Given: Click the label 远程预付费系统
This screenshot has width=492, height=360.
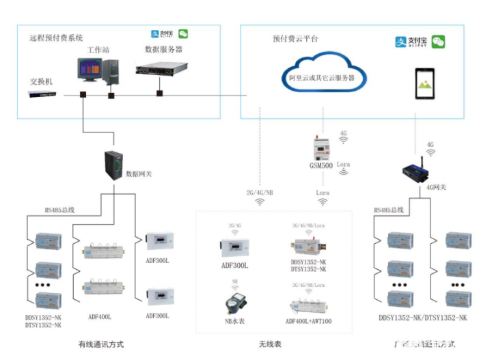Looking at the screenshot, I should pos(55,38).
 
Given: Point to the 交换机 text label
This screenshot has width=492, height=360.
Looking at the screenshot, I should pos(41,81).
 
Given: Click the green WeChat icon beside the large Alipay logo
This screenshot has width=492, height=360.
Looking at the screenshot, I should pos(438,42).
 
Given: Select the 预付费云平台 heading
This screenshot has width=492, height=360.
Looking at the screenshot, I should pos(295,39).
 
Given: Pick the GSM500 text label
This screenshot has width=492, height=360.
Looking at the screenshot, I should pos(321,165).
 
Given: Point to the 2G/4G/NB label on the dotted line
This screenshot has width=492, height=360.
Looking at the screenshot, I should pos(260,193).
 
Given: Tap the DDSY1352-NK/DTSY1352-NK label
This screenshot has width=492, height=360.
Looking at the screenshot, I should pos(423,318).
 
